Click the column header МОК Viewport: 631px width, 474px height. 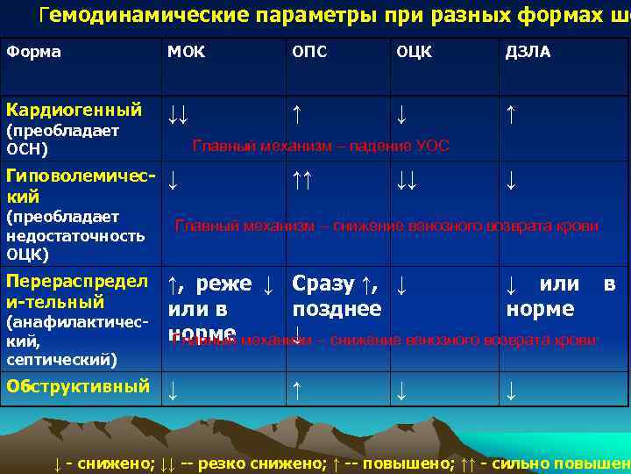coord(186,52)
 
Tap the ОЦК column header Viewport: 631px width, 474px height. coord(414,52)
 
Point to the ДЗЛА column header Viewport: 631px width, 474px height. coord(528,52)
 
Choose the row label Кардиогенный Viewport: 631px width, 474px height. coord(74,110)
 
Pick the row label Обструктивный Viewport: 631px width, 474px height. coord(78,385)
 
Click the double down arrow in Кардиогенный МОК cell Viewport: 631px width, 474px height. coord(179,112)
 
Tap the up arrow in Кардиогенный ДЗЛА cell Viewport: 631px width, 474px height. coord(510,112)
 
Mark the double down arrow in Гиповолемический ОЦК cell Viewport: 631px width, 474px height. coord(405,180)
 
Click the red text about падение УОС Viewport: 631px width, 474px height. coord(320,146)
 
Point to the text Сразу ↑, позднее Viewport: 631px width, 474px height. coord(337,296)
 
